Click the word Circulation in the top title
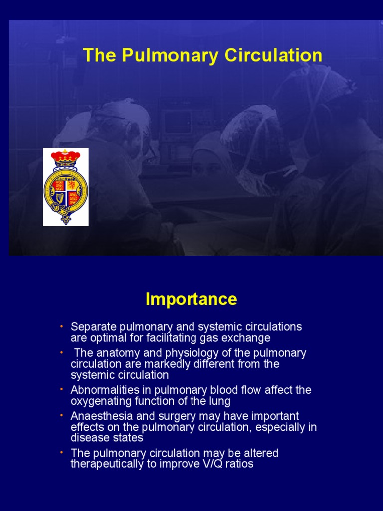273,55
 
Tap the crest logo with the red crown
66,187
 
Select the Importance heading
191,299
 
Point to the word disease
88,438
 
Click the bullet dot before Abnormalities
61,389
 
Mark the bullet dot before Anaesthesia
61,415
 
